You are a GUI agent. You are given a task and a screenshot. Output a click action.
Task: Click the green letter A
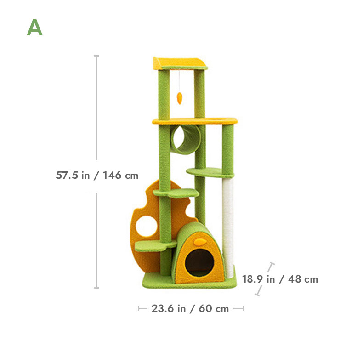pos(34,28)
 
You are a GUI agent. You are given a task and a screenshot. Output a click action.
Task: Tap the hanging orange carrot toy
pos(179,97)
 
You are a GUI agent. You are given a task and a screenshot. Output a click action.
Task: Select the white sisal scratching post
pos(227,221)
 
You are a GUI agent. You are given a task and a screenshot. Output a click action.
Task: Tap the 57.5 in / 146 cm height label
pos(97,175)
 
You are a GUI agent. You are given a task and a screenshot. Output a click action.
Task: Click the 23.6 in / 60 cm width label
pos(190,308)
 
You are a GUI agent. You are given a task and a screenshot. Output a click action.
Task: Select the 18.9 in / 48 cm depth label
pos(280,279)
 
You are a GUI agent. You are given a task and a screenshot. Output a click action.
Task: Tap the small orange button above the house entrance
pos(199,241)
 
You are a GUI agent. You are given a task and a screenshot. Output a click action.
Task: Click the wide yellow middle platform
pos(195,121)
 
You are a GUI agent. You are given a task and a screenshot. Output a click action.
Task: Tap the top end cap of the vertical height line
pos(96,56)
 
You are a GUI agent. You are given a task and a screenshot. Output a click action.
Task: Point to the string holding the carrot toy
pos(179,80)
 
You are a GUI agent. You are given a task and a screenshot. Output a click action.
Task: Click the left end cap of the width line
pos(139,308)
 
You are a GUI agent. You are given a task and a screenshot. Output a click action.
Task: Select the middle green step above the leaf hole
pos(177,193)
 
